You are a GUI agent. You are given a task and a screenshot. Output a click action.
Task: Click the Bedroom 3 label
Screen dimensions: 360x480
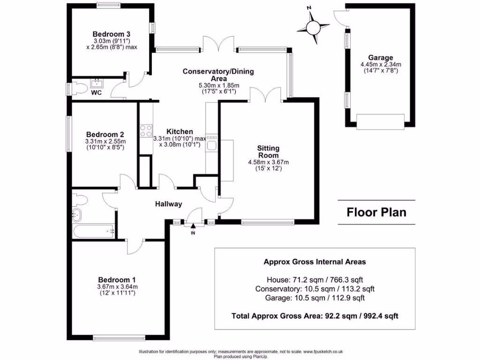pos(111,34)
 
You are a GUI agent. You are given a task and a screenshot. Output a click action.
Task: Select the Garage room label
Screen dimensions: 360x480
pos(380,58)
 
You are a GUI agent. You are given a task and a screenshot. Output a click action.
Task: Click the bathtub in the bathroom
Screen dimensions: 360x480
pos(94,231)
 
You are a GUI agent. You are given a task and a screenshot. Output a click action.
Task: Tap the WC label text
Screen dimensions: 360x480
pos(96,93)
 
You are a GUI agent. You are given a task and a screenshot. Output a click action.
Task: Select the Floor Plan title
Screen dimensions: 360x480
pos(376,212)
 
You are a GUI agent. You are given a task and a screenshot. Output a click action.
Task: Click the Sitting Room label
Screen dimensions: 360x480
pos(268,151)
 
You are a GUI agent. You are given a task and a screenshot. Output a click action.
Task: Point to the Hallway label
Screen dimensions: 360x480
pos(169,204)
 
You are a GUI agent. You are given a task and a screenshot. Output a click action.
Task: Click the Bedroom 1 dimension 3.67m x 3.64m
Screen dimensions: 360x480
pos(117,287)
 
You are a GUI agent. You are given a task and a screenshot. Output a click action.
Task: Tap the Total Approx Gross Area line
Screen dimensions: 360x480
pos(315,316)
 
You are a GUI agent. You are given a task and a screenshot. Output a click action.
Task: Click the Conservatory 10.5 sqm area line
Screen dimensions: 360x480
pos(315,289)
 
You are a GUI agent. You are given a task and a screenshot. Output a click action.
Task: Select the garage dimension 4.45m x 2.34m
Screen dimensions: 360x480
pos(380,65)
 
